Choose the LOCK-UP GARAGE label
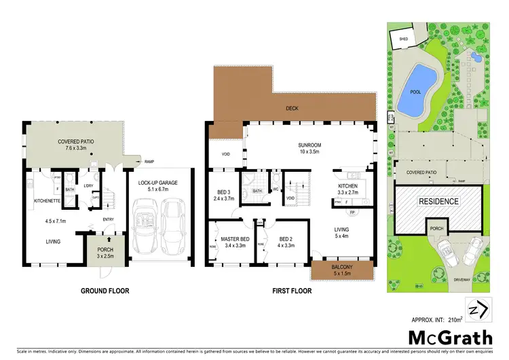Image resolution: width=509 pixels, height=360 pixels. point(158,186)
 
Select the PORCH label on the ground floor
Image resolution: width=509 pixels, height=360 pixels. point(104,252)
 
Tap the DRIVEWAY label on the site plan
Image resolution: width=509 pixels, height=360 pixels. point(445,279)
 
